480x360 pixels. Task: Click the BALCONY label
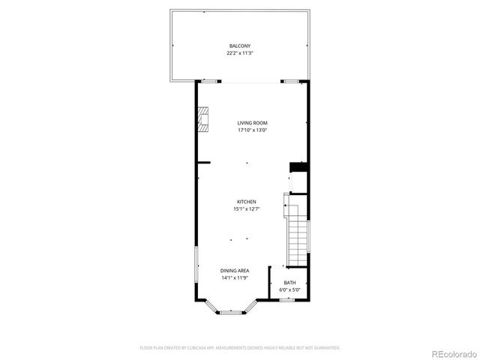click(240, 46)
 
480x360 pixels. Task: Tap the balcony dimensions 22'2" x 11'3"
click(240, 53)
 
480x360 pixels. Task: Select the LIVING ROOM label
click(253, 123)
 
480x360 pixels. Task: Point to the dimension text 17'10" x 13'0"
click(253, 130)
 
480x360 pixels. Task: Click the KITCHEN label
click(247, 202)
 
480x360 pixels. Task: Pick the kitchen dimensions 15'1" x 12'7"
click(247, 209)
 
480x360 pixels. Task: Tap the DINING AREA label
click(235, 271)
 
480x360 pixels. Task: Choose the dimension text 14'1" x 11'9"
click(235, 277)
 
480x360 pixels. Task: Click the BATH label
click(289, 283)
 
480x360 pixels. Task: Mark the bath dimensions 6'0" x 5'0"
click(289, 289)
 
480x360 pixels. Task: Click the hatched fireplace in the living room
click(202, 119)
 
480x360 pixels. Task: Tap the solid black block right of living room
click(298, 166)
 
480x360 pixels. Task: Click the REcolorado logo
click(450, 352)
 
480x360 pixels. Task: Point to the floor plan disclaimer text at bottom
click(240, 348)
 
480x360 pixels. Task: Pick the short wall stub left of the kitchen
click(202, 162)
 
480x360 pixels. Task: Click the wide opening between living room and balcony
click(251, 80)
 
